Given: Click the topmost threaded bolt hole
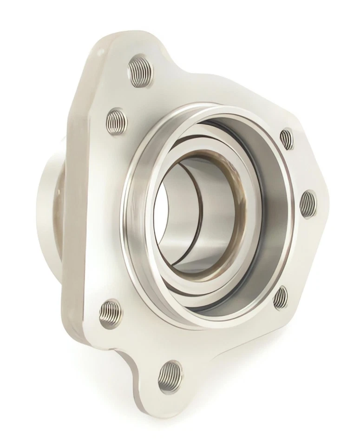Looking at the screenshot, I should (140, 71).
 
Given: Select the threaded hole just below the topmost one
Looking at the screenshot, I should (116, 121).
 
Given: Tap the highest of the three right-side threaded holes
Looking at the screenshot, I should (287, 139).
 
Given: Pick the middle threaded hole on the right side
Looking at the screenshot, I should (308, 203).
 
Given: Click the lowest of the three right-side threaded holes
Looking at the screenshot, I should (280, 298).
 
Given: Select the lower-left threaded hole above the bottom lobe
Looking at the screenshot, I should (111, 312).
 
